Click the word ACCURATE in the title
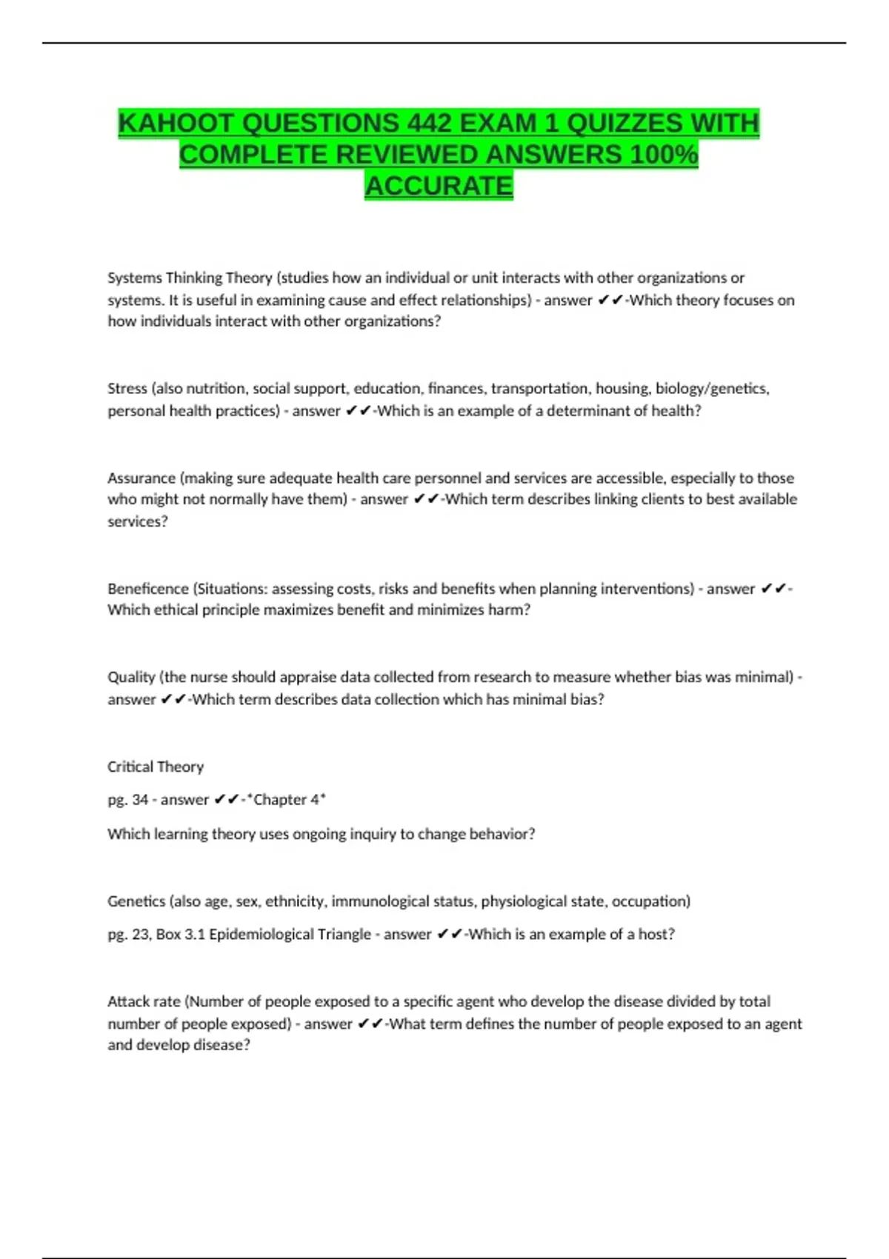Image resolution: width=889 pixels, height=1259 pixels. click(439, 186)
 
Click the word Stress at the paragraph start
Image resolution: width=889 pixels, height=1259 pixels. click(127, 389)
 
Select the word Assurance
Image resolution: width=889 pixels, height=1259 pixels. click(141, 478)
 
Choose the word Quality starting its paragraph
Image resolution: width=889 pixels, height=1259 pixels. click(131, 677)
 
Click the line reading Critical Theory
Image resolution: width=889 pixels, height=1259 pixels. click(156, 767)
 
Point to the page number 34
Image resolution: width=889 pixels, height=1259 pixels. click(140, 800)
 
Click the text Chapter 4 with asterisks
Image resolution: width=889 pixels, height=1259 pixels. click(287, 800)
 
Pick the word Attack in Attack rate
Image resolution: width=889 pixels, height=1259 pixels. click(127, 1002)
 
